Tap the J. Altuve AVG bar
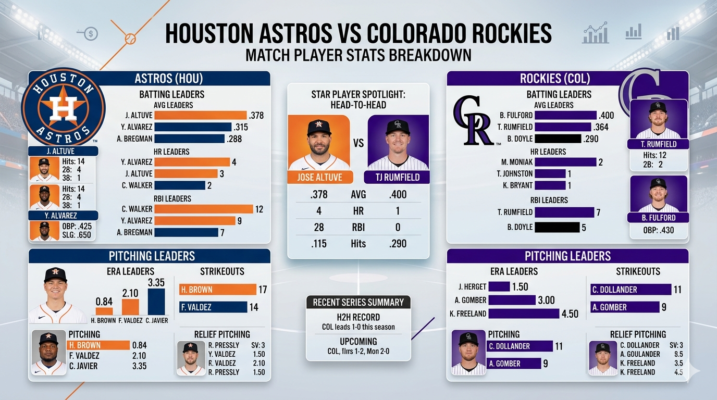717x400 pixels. coord(200,115)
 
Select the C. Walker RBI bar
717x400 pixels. coord(204,209)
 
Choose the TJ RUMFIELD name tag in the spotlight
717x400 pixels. coord(398,177)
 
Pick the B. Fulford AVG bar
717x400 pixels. coord(565,115)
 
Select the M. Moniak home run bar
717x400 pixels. coord(565,162)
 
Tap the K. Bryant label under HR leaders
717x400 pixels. coord(518,185)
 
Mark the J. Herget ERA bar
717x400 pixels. coord(499,286)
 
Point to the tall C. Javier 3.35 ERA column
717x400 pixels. coord(156,302)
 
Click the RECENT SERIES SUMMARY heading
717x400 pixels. coord(358,302)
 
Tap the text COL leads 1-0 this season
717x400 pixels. coord(358,327)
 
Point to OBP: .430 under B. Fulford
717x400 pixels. coord(659,230)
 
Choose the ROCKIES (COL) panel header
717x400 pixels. coord(555,79)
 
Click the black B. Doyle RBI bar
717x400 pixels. coord(557,227)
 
